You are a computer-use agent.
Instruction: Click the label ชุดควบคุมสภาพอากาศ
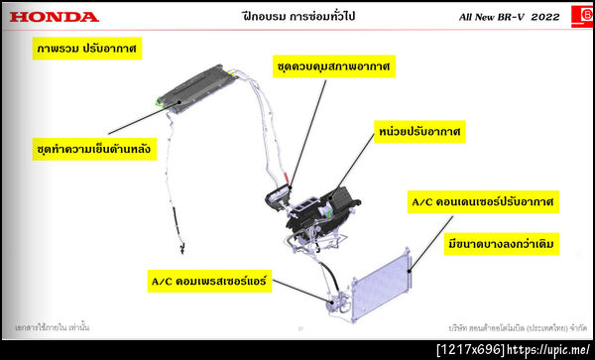(332, 66)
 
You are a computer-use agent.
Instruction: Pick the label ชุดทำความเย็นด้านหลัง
(93, 151)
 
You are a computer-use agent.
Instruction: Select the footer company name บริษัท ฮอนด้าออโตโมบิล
(516, 325)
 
